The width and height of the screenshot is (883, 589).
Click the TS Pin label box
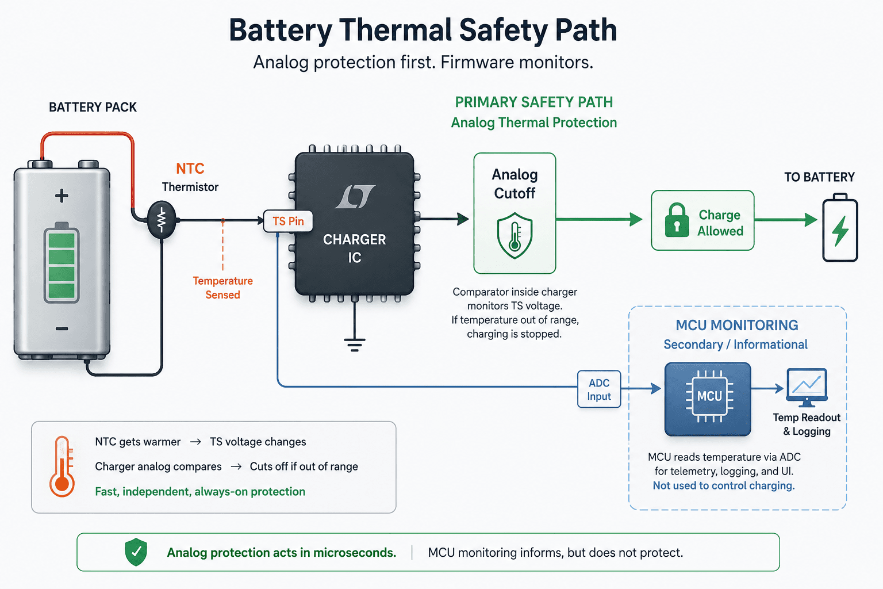pyautogui.click(x=288, y=221)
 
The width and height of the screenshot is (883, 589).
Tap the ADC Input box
pyautogui.click(x=599, y=389)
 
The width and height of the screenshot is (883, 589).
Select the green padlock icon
pyautogui.click(x=677, y=220)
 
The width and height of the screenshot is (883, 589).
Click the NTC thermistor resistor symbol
pyautogui.click(x=161, y=220)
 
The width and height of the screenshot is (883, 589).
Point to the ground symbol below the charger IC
pyautogui.click(x=354, y=344)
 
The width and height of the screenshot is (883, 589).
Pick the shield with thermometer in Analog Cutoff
pyautogui.click(x=515, y=235)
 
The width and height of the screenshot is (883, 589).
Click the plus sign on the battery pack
pyautogui.click(x=62, y=196)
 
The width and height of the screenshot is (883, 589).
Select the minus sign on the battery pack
pyautogui.click(x=62, y=328)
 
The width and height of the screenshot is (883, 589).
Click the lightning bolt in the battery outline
pyautogui.click(x=840, y=231)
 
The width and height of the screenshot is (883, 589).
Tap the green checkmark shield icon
pyautogui.click(x=136, y=552)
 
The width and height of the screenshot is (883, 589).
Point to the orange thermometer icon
pyautogui.click(x=62, y=466)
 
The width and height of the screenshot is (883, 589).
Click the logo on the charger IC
pyautogui.click(x=355, y=197)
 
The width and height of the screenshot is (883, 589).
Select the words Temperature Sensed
pyautogui.click(x=222, y=288)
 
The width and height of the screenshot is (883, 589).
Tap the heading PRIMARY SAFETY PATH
pyautogui.click(x=533, y=102)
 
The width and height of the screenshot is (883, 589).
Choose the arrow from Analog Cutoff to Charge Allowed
pyautogui.click(x=599, y=219)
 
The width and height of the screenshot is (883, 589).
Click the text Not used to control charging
pyautogui.click(x=724, y=485)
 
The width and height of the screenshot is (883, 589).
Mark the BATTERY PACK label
pyautogui.click(x=93, y=108)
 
